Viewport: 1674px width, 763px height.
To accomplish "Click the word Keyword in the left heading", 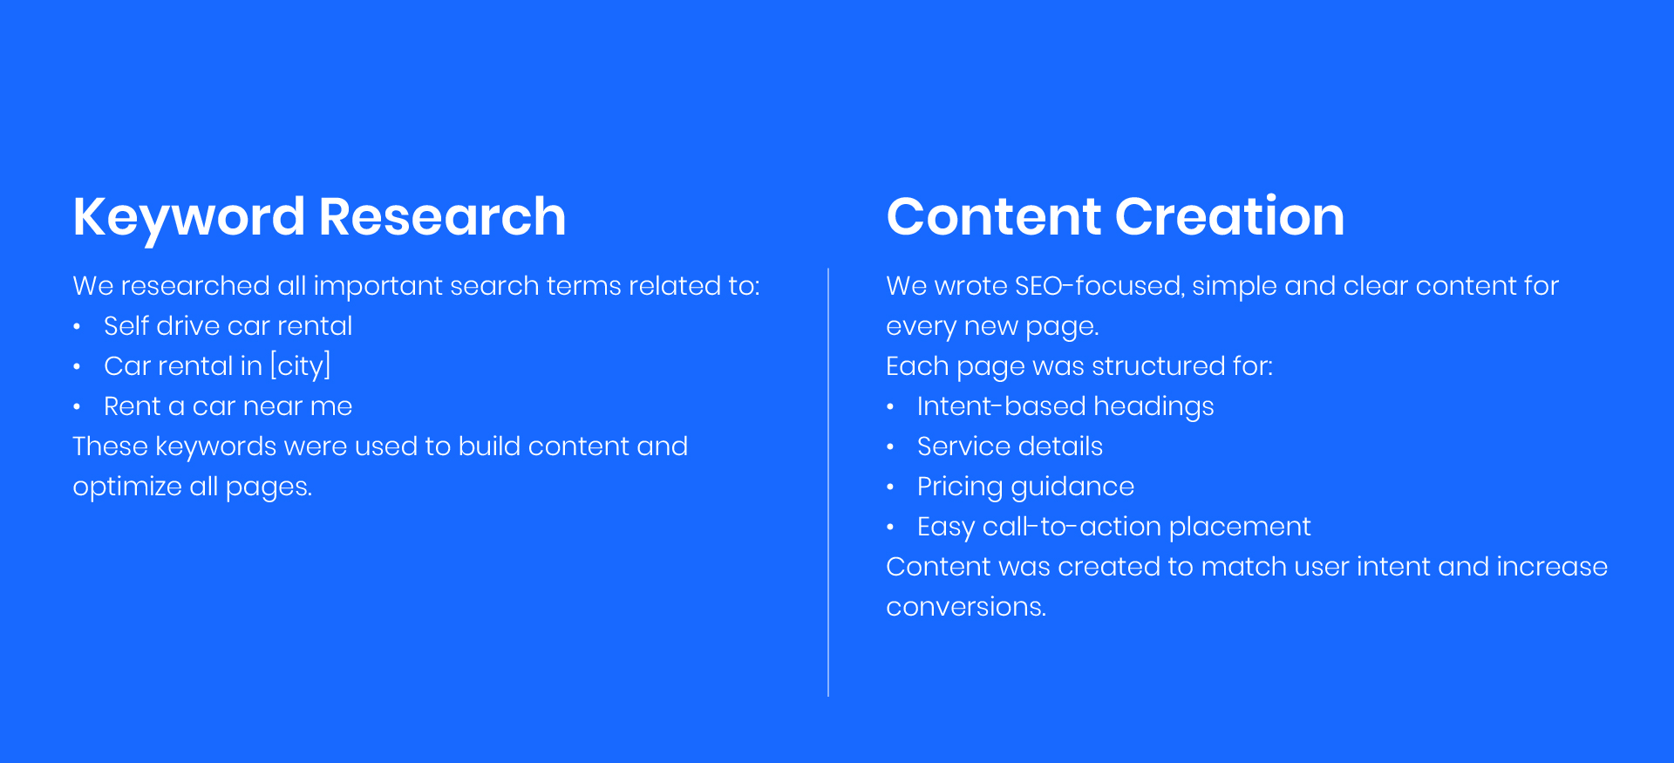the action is pyautogui.click(x=189, y=217).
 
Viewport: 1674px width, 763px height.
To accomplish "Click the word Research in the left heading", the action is pyautogui.click(x=442, y=216).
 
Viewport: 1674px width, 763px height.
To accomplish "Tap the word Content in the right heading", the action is pyautogui.click(x=994, y=216).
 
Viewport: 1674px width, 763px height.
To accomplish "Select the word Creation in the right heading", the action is pyautogui.click(x=1229, y=216).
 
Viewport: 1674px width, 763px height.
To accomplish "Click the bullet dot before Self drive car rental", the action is pyautogui.click(x=77, y=327).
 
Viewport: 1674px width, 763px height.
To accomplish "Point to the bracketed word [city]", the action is pyautogui.click(x=301, y=366).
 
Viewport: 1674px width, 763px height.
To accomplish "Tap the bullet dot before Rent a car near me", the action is pyautogui.click(x=77, y=407).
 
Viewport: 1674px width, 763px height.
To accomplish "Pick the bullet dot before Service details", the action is pyautogui.click(x=890, y=447).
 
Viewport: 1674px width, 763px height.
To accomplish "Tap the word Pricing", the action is pyautogui.click(x=960, y=487).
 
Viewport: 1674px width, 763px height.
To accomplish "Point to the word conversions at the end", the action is pyautogui.click(x=965, y=607).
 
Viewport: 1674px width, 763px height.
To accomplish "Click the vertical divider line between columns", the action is pyautogui.click(x=828, y=482).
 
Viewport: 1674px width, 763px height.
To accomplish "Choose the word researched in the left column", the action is pyautogui.click(x=195, y=286).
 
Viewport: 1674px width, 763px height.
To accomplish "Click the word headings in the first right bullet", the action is pyautogui.click(x=1153, y=407).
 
